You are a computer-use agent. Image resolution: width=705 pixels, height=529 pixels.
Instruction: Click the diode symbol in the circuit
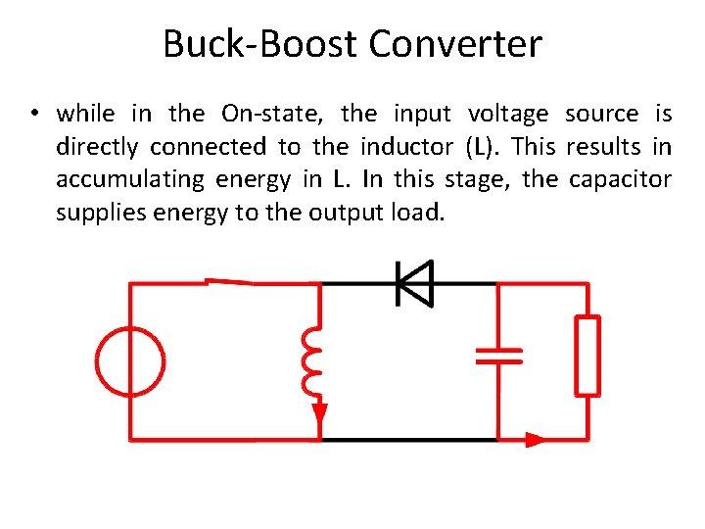pyautogui.click(x=412, y=284)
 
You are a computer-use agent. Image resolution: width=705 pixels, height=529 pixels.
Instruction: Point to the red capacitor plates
pyautogui.click(x=498, y=355)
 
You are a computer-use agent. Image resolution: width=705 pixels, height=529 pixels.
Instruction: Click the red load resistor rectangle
pyautogui.click(x=587, y=356)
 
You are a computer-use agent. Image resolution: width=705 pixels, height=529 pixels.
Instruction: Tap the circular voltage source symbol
pyautogui.click(x=131, y=361)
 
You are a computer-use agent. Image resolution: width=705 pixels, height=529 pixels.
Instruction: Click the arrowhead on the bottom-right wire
pyautogui.click(x=535, y=440)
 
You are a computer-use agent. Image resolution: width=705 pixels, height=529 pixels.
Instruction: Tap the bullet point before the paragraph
pyautogui.click(x=33, y=114)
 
